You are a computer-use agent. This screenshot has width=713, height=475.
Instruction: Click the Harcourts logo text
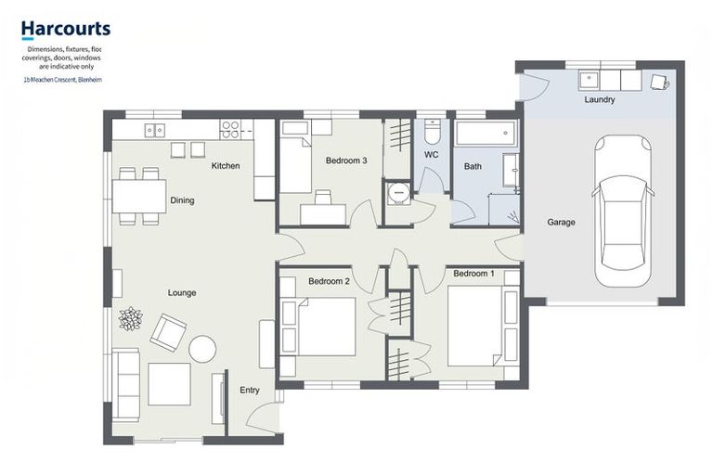pos(66,30)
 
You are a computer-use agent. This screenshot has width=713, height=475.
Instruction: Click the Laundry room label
pos(600,99)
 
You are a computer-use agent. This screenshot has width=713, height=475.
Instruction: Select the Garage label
pos(561,223)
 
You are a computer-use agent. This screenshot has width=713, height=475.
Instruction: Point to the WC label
pos(431,154)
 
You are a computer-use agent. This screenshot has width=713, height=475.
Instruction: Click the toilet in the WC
pos(432,130)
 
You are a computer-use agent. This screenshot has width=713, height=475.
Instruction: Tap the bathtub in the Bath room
pos(486,133)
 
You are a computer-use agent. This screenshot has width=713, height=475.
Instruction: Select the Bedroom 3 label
pos(346,160)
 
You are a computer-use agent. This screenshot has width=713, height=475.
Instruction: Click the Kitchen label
pos(226,166)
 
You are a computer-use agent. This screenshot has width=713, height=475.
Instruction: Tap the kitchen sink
pos(155,130)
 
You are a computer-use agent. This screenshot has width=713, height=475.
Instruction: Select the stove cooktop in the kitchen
pos(229,130)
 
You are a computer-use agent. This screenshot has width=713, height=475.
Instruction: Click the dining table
pos(138,196)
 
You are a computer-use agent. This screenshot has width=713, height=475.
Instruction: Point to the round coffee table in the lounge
pos(202,349)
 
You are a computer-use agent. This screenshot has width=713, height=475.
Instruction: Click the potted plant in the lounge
pos(130,318)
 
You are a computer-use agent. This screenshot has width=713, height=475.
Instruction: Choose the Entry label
pos(250,391)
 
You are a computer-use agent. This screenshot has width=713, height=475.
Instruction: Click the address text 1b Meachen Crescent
pos(62,80)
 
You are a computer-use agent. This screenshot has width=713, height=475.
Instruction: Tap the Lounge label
pos(182,293)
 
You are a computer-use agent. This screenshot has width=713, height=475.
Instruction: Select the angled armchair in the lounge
pos(168,331)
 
